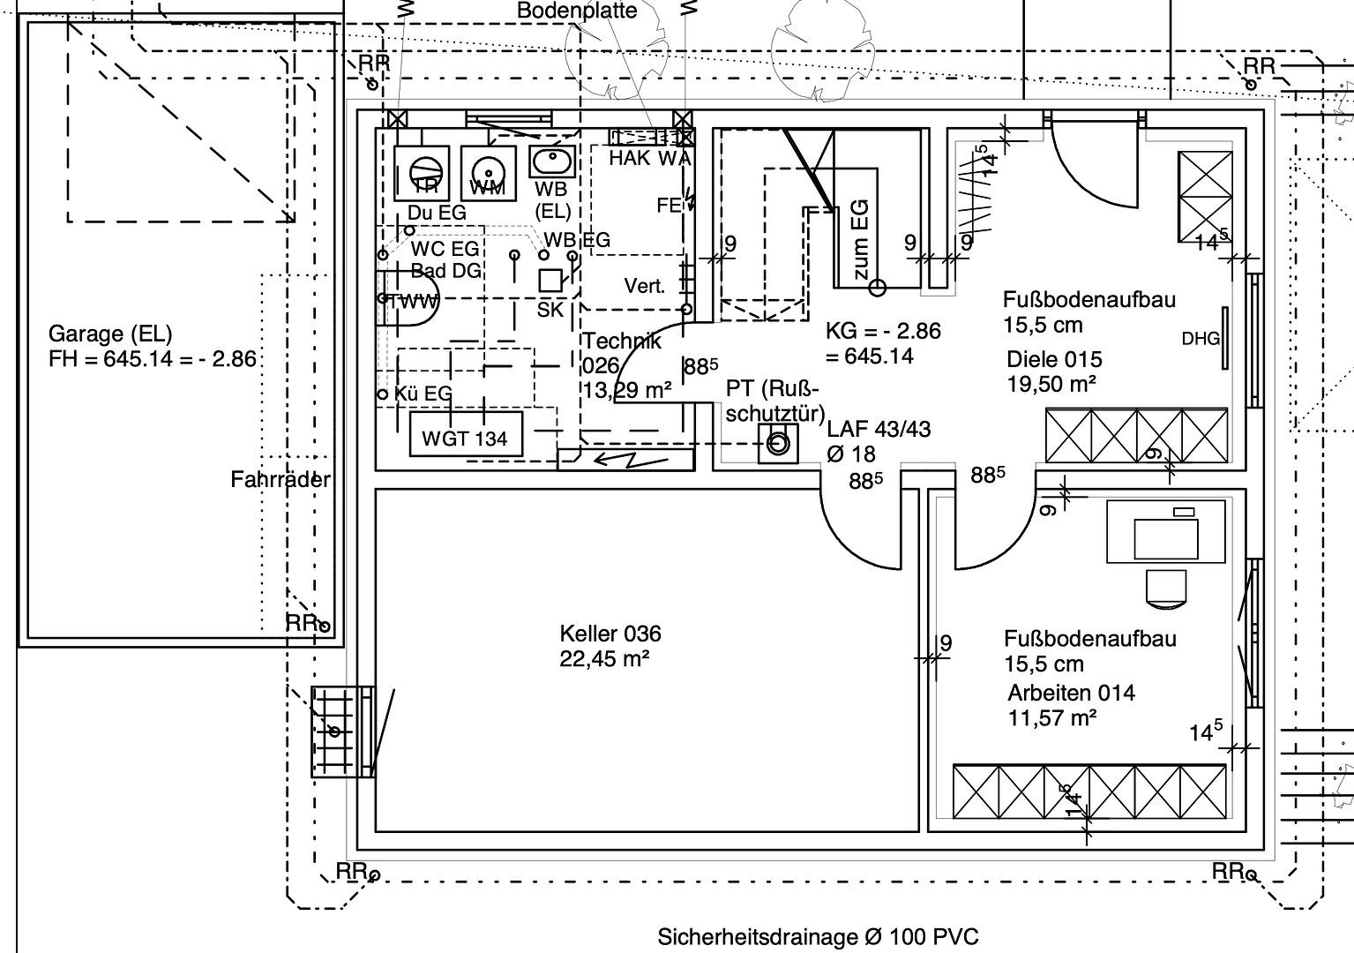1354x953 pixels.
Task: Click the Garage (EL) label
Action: point(110,334)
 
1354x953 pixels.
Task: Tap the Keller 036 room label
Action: point(610,634)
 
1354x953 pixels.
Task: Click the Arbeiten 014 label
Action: point(1071,693)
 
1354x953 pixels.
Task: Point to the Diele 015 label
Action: point(1054,359)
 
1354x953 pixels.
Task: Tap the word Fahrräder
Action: point(281,480)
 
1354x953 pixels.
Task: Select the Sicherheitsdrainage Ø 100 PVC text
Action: point(818,936)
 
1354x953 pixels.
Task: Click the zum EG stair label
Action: point(861,238)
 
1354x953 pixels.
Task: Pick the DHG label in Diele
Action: point(1201,339)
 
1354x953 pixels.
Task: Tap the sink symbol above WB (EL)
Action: point(552,162)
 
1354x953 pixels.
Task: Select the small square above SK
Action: point(551,281)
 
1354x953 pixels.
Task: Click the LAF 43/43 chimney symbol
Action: point(778,444)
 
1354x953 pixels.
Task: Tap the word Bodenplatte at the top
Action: point(577,11)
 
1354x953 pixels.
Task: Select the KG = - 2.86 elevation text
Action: point(883,331)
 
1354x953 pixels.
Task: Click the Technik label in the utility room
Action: point(621,342)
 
